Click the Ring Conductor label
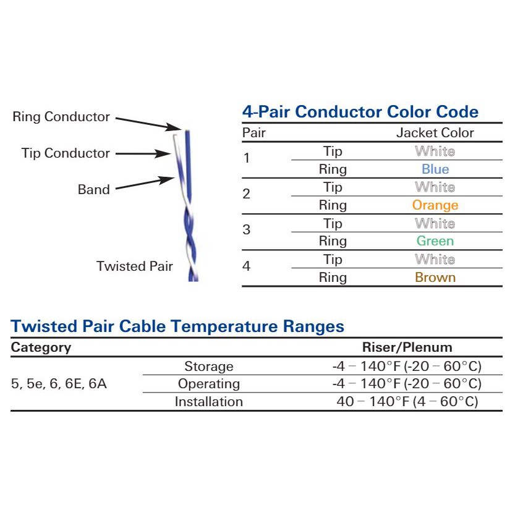[61, 117]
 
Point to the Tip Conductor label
[66, 153]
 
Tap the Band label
[93, 190]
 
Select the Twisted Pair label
[135, 266]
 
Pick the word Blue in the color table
[435, 169]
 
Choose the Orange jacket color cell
[435, 205]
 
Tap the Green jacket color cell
[435, 241]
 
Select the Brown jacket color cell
[435, 278]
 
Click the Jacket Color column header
[435, 133]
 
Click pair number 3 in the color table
[247, 230]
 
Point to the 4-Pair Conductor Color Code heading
[360, 112]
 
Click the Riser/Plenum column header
[407, 347]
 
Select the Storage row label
[209, 367]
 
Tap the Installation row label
[209, 402]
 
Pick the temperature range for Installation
[407, 402]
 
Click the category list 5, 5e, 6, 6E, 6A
[59, 384]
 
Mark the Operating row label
[209, 384]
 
